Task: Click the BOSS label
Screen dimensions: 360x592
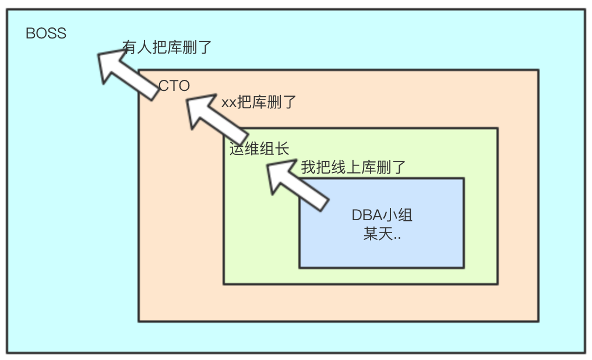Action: click(x=46, y=33)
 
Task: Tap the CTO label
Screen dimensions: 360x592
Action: click(x=174, y=86)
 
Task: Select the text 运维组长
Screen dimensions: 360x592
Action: click(x=259, y=149)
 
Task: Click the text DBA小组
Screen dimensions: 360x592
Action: click(x=382, y=215)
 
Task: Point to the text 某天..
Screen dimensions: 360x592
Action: click(x=378, y=235)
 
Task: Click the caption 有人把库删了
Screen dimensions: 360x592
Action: click(x=167, y=47)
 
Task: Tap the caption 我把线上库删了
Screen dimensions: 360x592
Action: click(x=353, y=168)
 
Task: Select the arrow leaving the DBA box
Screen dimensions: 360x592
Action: click(x=296, y=185)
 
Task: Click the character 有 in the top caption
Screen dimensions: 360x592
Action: click(x=129, y=47)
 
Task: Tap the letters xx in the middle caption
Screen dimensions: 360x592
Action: click(x=228, y=103)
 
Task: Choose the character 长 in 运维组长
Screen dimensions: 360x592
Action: click(x=282, y=149)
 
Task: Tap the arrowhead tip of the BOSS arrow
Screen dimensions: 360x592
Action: click(x=99, y=54)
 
